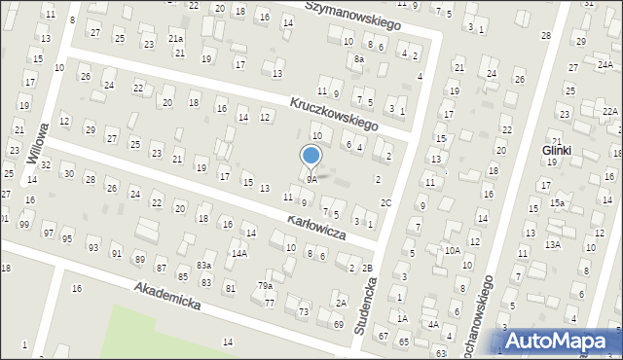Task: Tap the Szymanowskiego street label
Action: click(353, 14)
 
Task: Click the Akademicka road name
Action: click(168, 296)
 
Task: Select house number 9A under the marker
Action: click(311, 179)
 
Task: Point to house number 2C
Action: click(385, 202)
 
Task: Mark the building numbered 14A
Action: click(238, 253)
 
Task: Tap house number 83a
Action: click(203, 265)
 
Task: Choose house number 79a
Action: click(264, 285)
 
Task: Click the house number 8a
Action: click(358, 59)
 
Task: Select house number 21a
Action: click(176, 38)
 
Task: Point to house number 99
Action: click(23, 225)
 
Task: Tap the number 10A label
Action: click(452, 250)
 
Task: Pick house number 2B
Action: click(367, 268)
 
